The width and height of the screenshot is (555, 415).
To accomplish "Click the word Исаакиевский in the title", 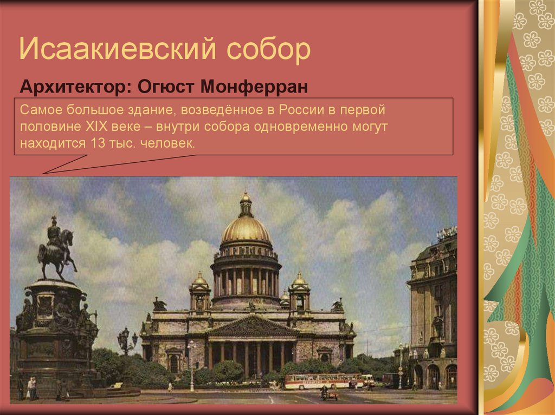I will point(116,50).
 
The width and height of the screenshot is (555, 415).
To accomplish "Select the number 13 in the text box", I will point(92,144).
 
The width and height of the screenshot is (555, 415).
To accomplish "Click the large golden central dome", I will point(246,229).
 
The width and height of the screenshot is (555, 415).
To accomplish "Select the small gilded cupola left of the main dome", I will point(200,281).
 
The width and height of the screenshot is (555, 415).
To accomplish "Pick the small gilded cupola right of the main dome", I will point(299,280).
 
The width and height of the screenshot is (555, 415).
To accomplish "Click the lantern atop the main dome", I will point(246,201).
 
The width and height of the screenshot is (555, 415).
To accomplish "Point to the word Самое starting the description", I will point(42,110).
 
